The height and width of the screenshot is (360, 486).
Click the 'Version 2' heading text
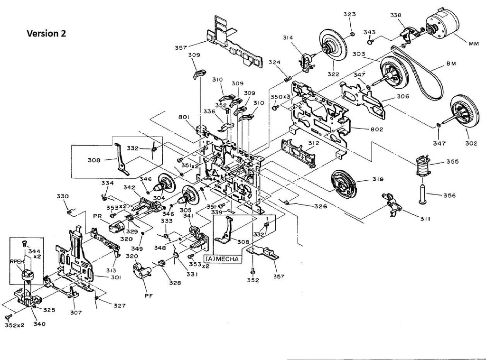pyautogui.click(x=46, y=33)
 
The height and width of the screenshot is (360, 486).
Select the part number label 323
pyautogui.click(x=350, y=15)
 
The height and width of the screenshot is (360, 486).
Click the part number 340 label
pyautogui.click(x=39, y=324)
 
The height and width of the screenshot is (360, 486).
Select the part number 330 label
pyautogui.click(x=63, y=196)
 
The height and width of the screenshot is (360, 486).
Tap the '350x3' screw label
pyautogui.click(x=280, y=97)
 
